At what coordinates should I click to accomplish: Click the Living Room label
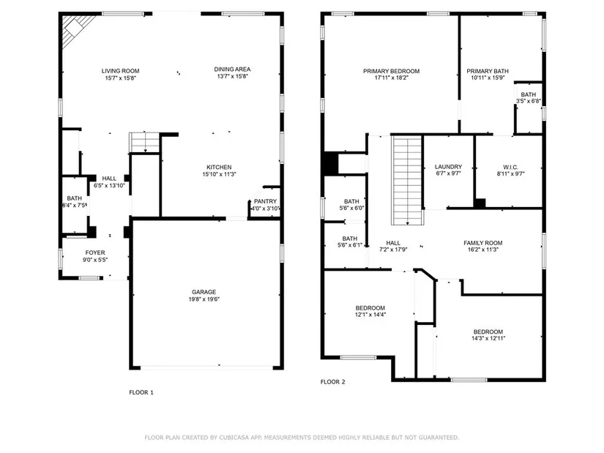120,71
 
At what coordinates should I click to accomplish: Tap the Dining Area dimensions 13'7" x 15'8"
232,76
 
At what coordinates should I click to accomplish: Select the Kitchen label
219,167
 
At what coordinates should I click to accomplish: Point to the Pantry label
266,201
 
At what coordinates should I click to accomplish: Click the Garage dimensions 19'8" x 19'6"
204,299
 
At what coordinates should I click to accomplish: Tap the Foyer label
95,252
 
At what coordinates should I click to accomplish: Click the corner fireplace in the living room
77,31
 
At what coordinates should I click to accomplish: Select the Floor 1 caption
141,392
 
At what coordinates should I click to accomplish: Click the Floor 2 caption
333,382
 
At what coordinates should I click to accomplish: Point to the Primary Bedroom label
392,71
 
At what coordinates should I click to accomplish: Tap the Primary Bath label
488,71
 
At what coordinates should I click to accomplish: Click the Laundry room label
448,167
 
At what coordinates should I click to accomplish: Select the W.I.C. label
511,167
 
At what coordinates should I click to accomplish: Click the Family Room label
483,243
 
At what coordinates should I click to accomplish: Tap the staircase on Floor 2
407,180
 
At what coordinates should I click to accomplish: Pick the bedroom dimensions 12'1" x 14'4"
370,315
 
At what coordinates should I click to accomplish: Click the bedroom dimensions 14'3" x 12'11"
488,338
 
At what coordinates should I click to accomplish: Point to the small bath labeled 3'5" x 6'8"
529,98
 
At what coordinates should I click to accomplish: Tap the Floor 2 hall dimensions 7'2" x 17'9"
393,250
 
